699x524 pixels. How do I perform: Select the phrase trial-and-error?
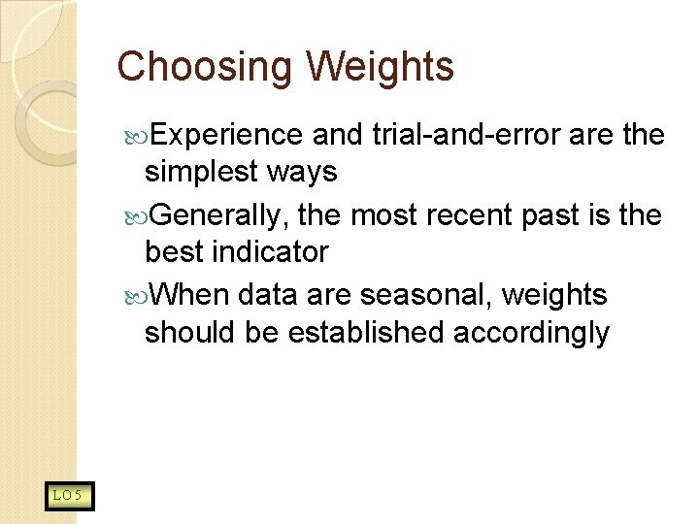tap(467, 134)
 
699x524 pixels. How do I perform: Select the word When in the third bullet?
tap(190, 293)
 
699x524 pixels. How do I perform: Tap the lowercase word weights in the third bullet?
tap(555, 293)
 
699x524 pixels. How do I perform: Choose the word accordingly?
tap(532, 333)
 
